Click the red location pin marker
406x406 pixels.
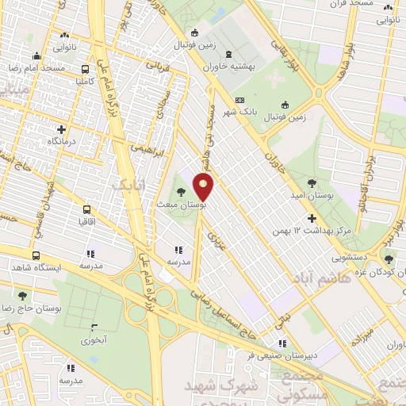point(205,187)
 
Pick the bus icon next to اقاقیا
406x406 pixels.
point(86,210)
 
